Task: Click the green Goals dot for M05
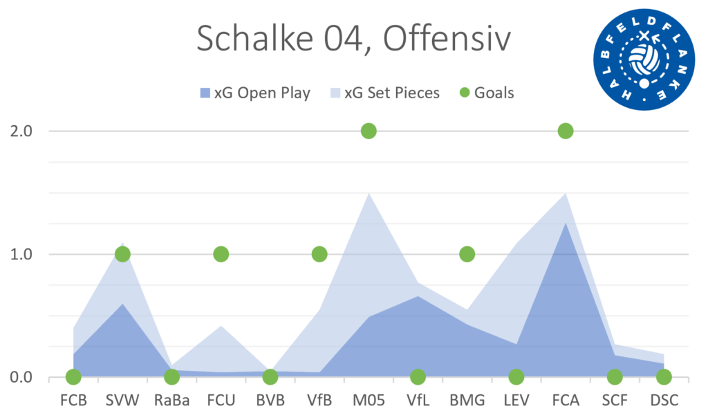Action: tap(369, 131)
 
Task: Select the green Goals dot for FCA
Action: tap(566, 131)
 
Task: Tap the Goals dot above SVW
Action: tap(122, 254)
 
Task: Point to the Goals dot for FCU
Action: tap(221, 254)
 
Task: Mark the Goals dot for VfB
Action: tap(319, 254)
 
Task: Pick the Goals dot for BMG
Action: tap(467, 254)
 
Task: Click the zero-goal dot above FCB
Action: tap(73, 377)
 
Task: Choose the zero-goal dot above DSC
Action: tap(664, 377)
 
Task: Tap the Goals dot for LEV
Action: tap(516, 377)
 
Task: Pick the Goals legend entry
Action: tap(487, 93)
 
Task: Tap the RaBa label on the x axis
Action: tap(171, 401)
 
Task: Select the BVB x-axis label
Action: tap(270, 401)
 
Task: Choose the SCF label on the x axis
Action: tap(615, 401)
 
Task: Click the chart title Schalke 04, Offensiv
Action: tap(353, 39)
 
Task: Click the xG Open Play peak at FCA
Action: tap(566, 223)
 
